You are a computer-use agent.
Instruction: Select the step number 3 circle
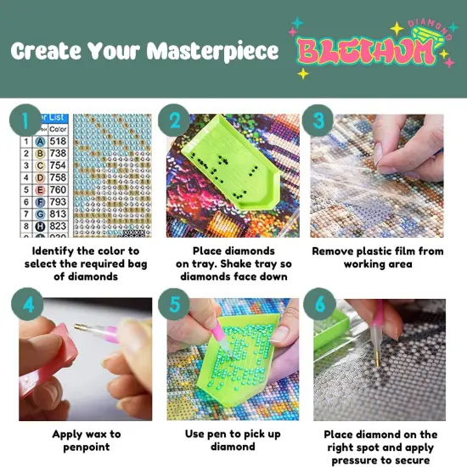(x=320, y=120)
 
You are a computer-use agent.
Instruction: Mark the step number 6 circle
(x=321, y=304)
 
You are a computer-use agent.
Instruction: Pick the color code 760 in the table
(x=58, y=189)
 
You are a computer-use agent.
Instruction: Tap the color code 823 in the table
(x=58, y=227)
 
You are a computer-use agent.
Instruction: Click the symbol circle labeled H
(x=40, y=227)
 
